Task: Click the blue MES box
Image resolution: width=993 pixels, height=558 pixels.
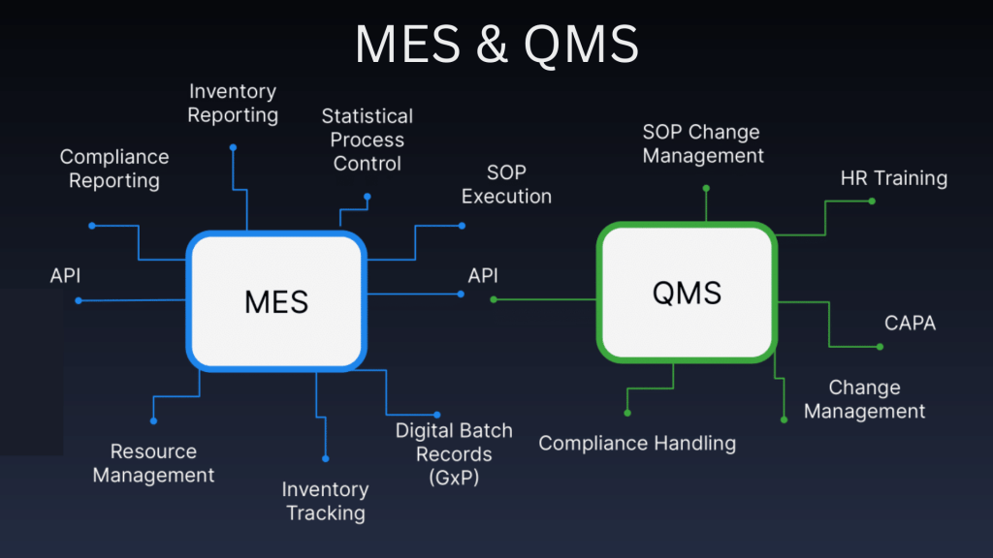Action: [275, 300]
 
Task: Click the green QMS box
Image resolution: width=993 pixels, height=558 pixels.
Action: [687, 292]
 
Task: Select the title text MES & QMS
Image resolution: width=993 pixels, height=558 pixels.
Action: [496, 45]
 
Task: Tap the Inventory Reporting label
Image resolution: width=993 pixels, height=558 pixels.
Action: [233, 104]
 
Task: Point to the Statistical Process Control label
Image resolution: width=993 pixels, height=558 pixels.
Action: [368, 140]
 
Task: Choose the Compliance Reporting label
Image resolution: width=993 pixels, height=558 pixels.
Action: [114, 169]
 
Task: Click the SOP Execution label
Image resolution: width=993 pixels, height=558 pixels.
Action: [506, 184]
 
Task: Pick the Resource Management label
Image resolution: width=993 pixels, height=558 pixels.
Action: [153, 463]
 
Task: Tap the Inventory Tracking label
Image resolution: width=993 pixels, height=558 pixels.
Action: [325, 501]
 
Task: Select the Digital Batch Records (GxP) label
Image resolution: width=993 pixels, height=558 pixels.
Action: [454, 453]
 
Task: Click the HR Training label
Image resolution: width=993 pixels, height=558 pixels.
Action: [893, 178]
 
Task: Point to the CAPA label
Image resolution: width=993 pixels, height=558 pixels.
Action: [910, 323]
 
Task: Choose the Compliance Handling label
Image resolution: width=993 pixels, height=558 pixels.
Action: [637, 444]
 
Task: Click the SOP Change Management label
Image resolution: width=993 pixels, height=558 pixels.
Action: [703, 143]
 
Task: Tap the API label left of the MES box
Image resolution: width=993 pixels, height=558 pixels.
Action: [65, 276]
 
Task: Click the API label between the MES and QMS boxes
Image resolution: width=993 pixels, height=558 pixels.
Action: [483, 276]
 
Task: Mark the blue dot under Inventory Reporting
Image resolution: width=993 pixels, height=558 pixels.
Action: [233, 147]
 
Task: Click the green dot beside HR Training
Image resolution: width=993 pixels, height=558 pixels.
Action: [872, 201]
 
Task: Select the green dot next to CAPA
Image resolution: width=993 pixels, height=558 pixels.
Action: [881, 347]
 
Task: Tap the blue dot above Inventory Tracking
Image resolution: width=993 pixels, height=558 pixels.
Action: [326, 458]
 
